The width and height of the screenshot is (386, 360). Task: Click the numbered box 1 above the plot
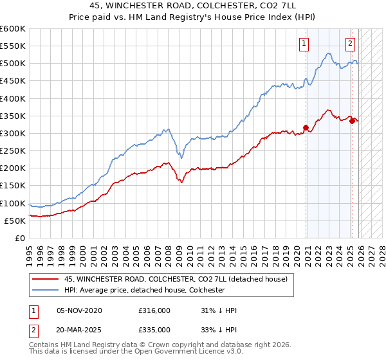tap(303, 44)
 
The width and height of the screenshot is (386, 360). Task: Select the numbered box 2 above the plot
tap(350, 44)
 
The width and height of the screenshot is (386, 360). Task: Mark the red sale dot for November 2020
tap(306, 127)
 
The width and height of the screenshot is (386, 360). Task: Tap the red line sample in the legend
tap(46, 279)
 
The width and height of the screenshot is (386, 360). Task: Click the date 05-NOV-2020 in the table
tap(79, 310)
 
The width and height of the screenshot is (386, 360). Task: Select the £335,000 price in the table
tap(154, 329)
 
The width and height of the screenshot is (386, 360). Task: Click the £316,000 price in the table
tap(154, 310)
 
